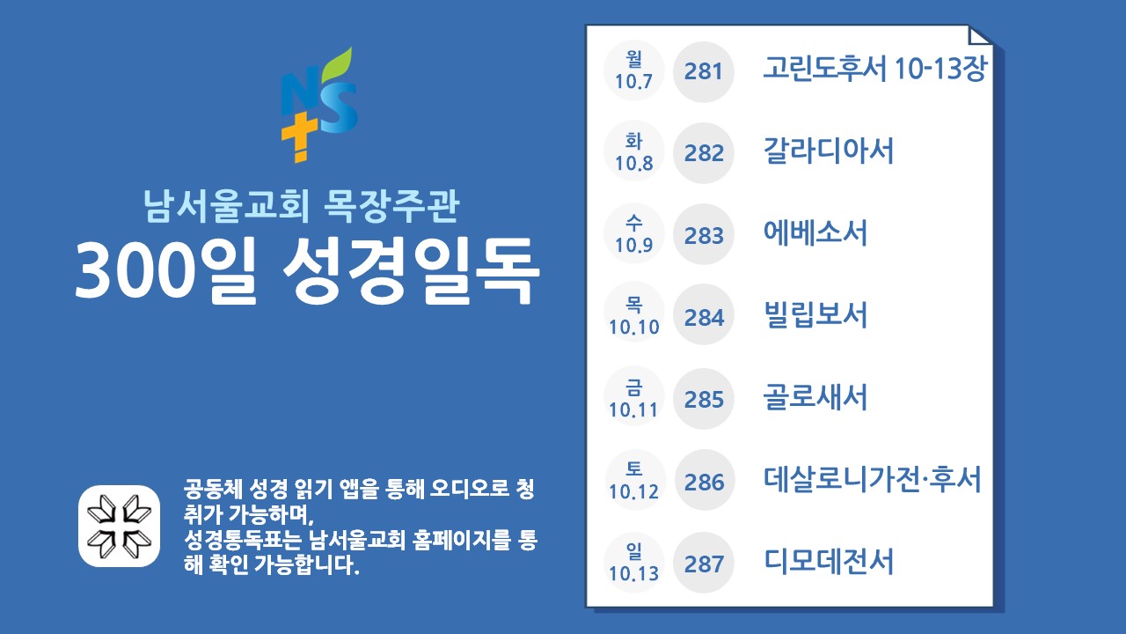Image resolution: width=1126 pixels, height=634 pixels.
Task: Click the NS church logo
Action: (319, 105)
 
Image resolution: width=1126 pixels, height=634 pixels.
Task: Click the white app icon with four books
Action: (119, 526)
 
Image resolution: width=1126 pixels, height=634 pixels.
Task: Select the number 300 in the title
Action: (135, 271)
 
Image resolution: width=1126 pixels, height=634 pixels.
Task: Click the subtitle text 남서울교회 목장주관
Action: (302, 205)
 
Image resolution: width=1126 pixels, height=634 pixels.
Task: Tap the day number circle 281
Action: (703, 71)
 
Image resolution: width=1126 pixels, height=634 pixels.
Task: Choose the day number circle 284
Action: (703, 315)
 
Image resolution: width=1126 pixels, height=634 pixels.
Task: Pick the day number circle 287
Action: (703, 563)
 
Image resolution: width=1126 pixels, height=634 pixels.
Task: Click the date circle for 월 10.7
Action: (634, 70)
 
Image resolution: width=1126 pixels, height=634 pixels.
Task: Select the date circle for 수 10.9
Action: (634, 233)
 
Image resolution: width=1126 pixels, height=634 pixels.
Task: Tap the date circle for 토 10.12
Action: (634, 480)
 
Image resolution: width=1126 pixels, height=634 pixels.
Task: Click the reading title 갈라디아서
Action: (829, 151)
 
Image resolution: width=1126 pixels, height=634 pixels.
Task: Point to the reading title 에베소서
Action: (815, 232)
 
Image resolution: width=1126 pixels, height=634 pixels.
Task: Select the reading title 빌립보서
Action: (815, 315)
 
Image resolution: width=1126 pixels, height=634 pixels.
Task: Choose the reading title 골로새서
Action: (815, 397)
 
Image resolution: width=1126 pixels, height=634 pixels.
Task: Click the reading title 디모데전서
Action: (829, 561)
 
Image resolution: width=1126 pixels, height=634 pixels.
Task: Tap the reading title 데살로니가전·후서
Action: (872, 479)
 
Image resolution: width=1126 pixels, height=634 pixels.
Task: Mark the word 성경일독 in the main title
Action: (411, 271)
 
